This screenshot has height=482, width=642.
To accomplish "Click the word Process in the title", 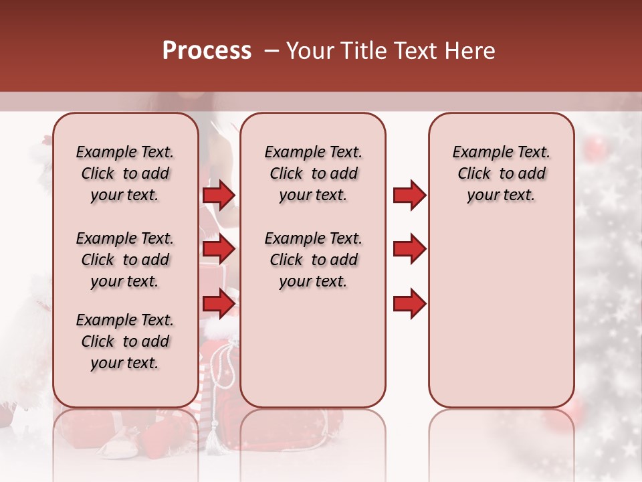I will pos(207,51).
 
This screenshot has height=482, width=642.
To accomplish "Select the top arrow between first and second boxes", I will pos(219,195).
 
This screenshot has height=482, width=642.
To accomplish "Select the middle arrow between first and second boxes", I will pos(219,250).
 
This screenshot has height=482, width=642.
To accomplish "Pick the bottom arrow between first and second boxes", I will pos(219,305).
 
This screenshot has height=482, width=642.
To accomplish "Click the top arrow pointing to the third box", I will pos(409,195).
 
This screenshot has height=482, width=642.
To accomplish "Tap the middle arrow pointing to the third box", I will pos(409,249).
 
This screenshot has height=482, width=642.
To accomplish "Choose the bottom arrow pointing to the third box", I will pos(409,304).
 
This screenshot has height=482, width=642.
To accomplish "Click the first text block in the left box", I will pos(124,173).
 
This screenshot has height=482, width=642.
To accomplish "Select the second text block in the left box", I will pos(124,260).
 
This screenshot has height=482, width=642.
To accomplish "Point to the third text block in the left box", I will pos(124,341).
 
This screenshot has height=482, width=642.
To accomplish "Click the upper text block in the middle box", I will pos(313,173).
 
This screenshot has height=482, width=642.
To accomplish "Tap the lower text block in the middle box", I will pos(313,260).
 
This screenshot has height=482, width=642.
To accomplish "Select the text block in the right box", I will pos(501,173).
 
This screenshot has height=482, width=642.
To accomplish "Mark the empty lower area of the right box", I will pos(501,315).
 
